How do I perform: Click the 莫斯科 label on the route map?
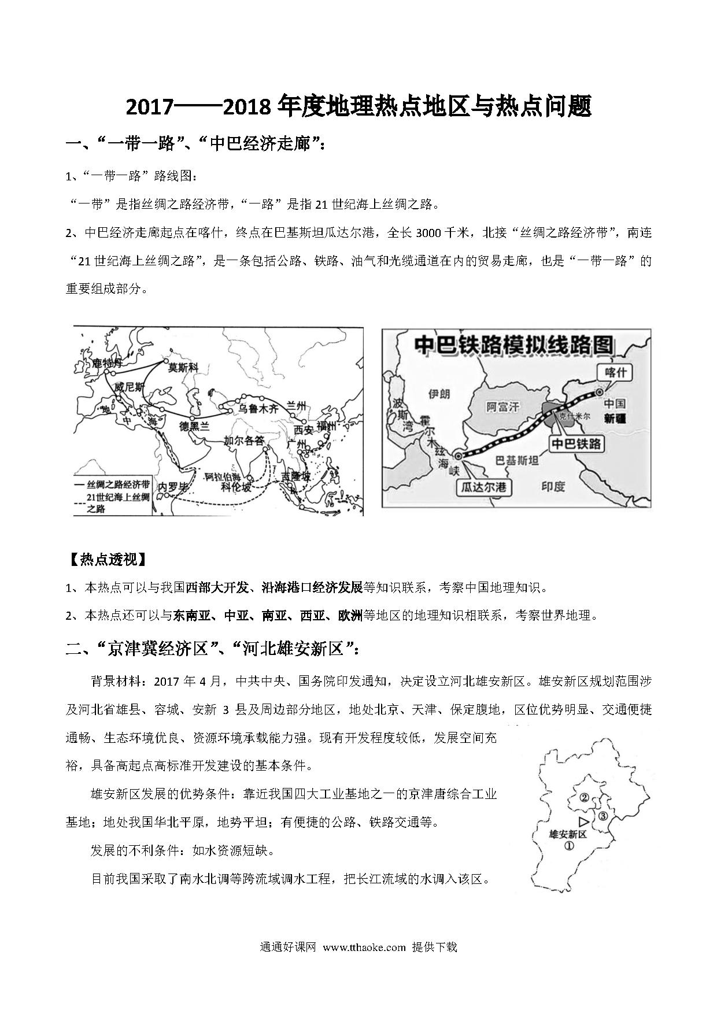(x=183, y=367)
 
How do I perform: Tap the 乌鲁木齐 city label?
(x=259, y=409)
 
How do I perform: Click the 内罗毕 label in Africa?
(x=173, y=487)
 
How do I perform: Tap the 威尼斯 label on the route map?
(x=128, y=387)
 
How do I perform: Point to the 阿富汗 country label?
(x=502, y=407)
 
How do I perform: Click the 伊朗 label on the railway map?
(x=438, y=394)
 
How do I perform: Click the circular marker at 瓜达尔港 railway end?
(x=458, y=456)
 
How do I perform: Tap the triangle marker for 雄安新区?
(x=583, y=821)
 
